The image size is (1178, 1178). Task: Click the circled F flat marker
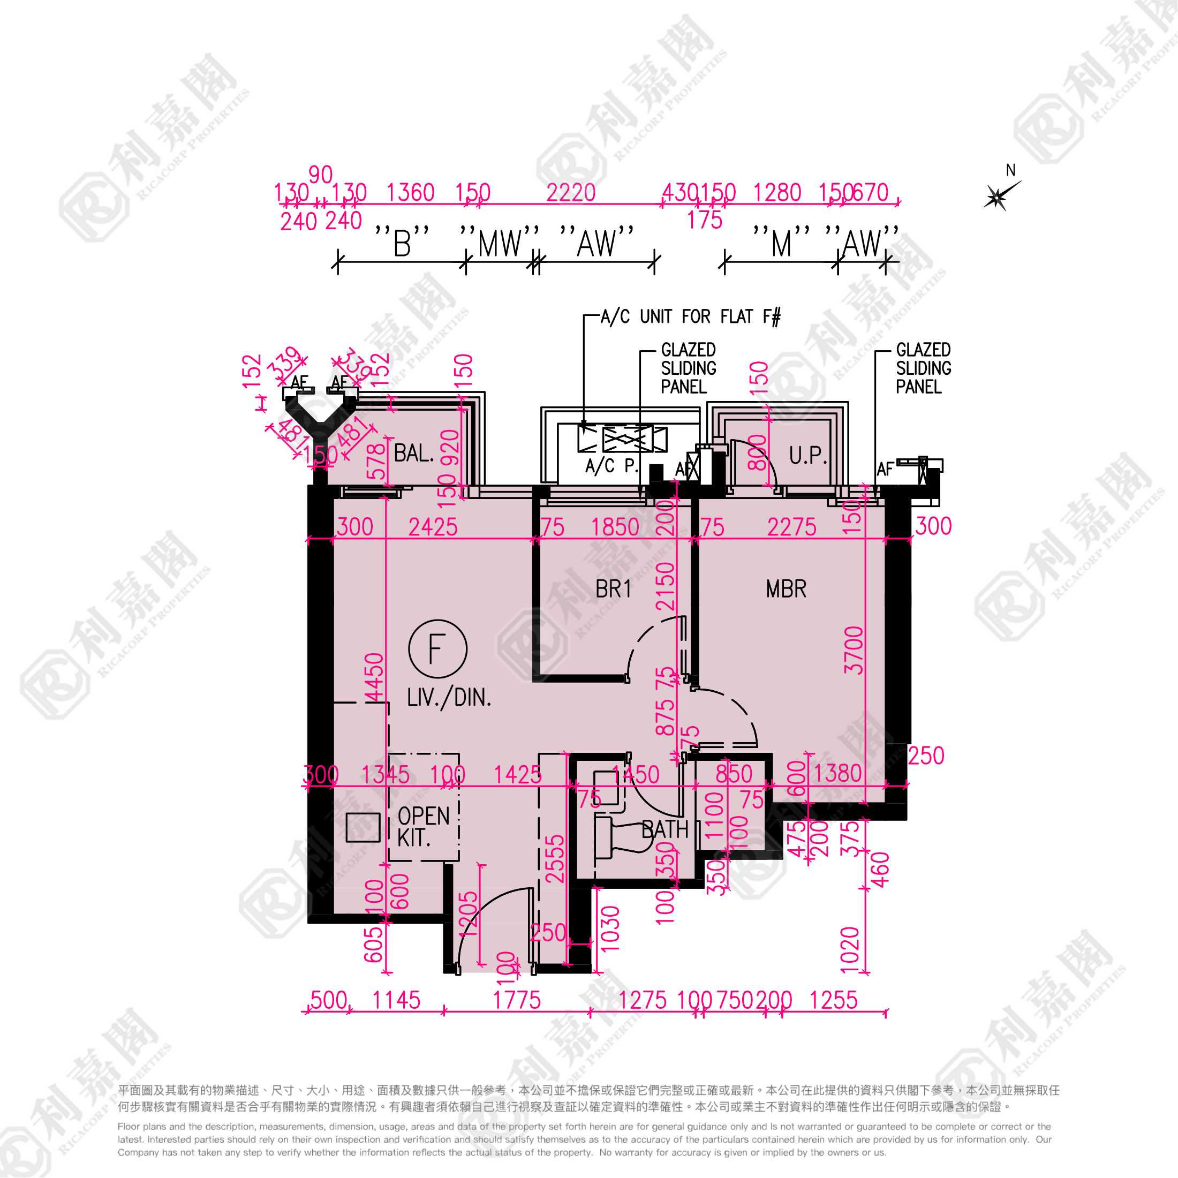tap(437, 649)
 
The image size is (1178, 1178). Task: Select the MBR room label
tap(786, 589)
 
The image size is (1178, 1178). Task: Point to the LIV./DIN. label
tap(449, 698)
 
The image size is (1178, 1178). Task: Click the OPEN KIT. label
tap(423, 827)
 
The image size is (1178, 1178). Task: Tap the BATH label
tap(664, 829)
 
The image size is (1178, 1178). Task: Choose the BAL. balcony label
tap(413, 453)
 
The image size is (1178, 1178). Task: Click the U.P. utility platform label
tap(808, 455)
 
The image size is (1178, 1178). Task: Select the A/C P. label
tap(611, 466)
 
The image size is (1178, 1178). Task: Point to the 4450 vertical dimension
tap(374, 677)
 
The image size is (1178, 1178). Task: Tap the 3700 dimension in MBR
tap(854, 650)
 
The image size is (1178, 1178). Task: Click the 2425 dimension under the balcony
tap(433, 527)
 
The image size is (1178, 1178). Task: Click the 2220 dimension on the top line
tap(571, 193)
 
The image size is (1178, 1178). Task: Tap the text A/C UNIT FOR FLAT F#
tap(690, 317)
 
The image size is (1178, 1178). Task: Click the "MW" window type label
tap(500, 243)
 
